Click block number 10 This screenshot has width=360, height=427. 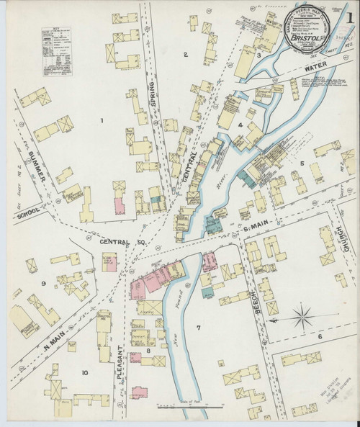pyautogui.click(x=84, y=372)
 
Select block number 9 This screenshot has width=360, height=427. pyautogui.click(x=43, y=283)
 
